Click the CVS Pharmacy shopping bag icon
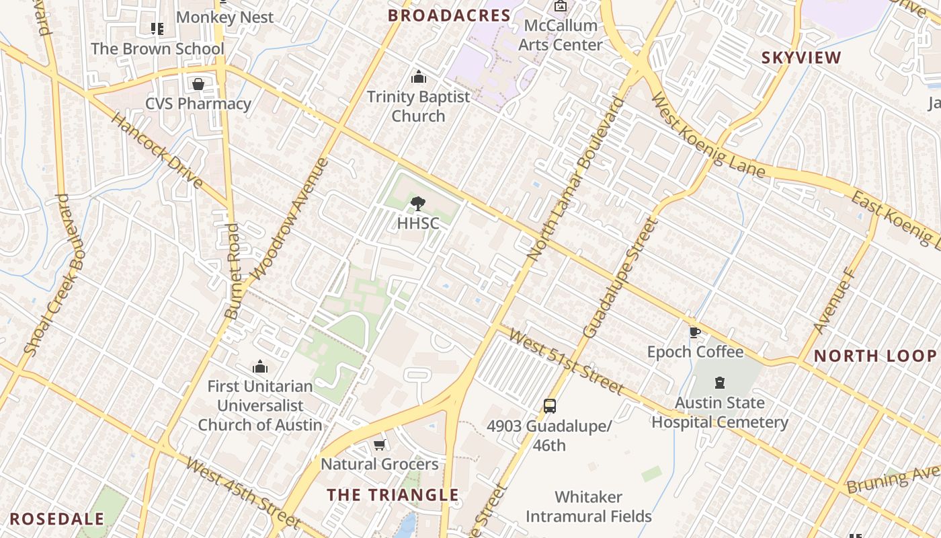[198, 84]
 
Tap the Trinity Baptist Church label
[418, 106]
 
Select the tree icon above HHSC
[417, 203]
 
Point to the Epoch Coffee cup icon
[695, 332]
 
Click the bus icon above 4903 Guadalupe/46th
[550, 406]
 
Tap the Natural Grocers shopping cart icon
[379, 445]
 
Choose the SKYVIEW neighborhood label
[801, 58]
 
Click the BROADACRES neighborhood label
[449, 15]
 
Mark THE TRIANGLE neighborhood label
[393, 495]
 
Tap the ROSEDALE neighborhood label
[57, 518]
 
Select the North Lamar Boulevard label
[575, 180]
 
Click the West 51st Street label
[566, 360]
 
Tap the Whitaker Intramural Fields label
[588, 506]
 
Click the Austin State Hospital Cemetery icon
[720, 383]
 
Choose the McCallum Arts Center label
[561, 35]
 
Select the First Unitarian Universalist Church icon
[260, 367]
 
